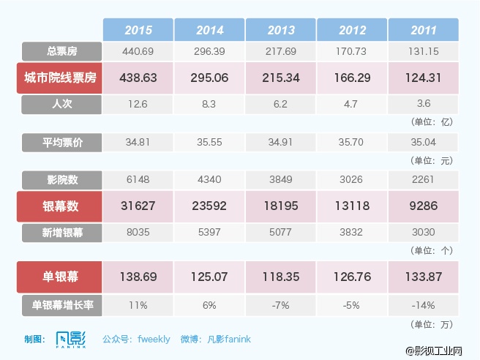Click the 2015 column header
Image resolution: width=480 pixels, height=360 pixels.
pyautogui.click(x=138, y=30)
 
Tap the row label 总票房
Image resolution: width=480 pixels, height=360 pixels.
pyautogui.click(x=61, y=51)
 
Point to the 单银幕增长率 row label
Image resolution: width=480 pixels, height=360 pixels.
pyautogui.click(x=61, y=304)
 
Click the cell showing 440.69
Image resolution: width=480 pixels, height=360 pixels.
pyautogui.click(x=138, y=51)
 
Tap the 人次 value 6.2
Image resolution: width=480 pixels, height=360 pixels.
pyautogui.click(x=280, y=104)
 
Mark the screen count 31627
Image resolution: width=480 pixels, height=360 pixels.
pyautogui.click(x=138, y=206)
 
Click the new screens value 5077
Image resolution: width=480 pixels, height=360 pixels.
pyautogui.click(x=280, y=233)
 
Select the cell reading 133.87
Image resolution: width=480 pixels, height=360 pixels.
pyautogui.click(x=423, y=277)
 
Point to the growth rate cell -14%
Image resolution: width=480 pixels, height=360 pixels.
pyautogui.click(x=423, y=304)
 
